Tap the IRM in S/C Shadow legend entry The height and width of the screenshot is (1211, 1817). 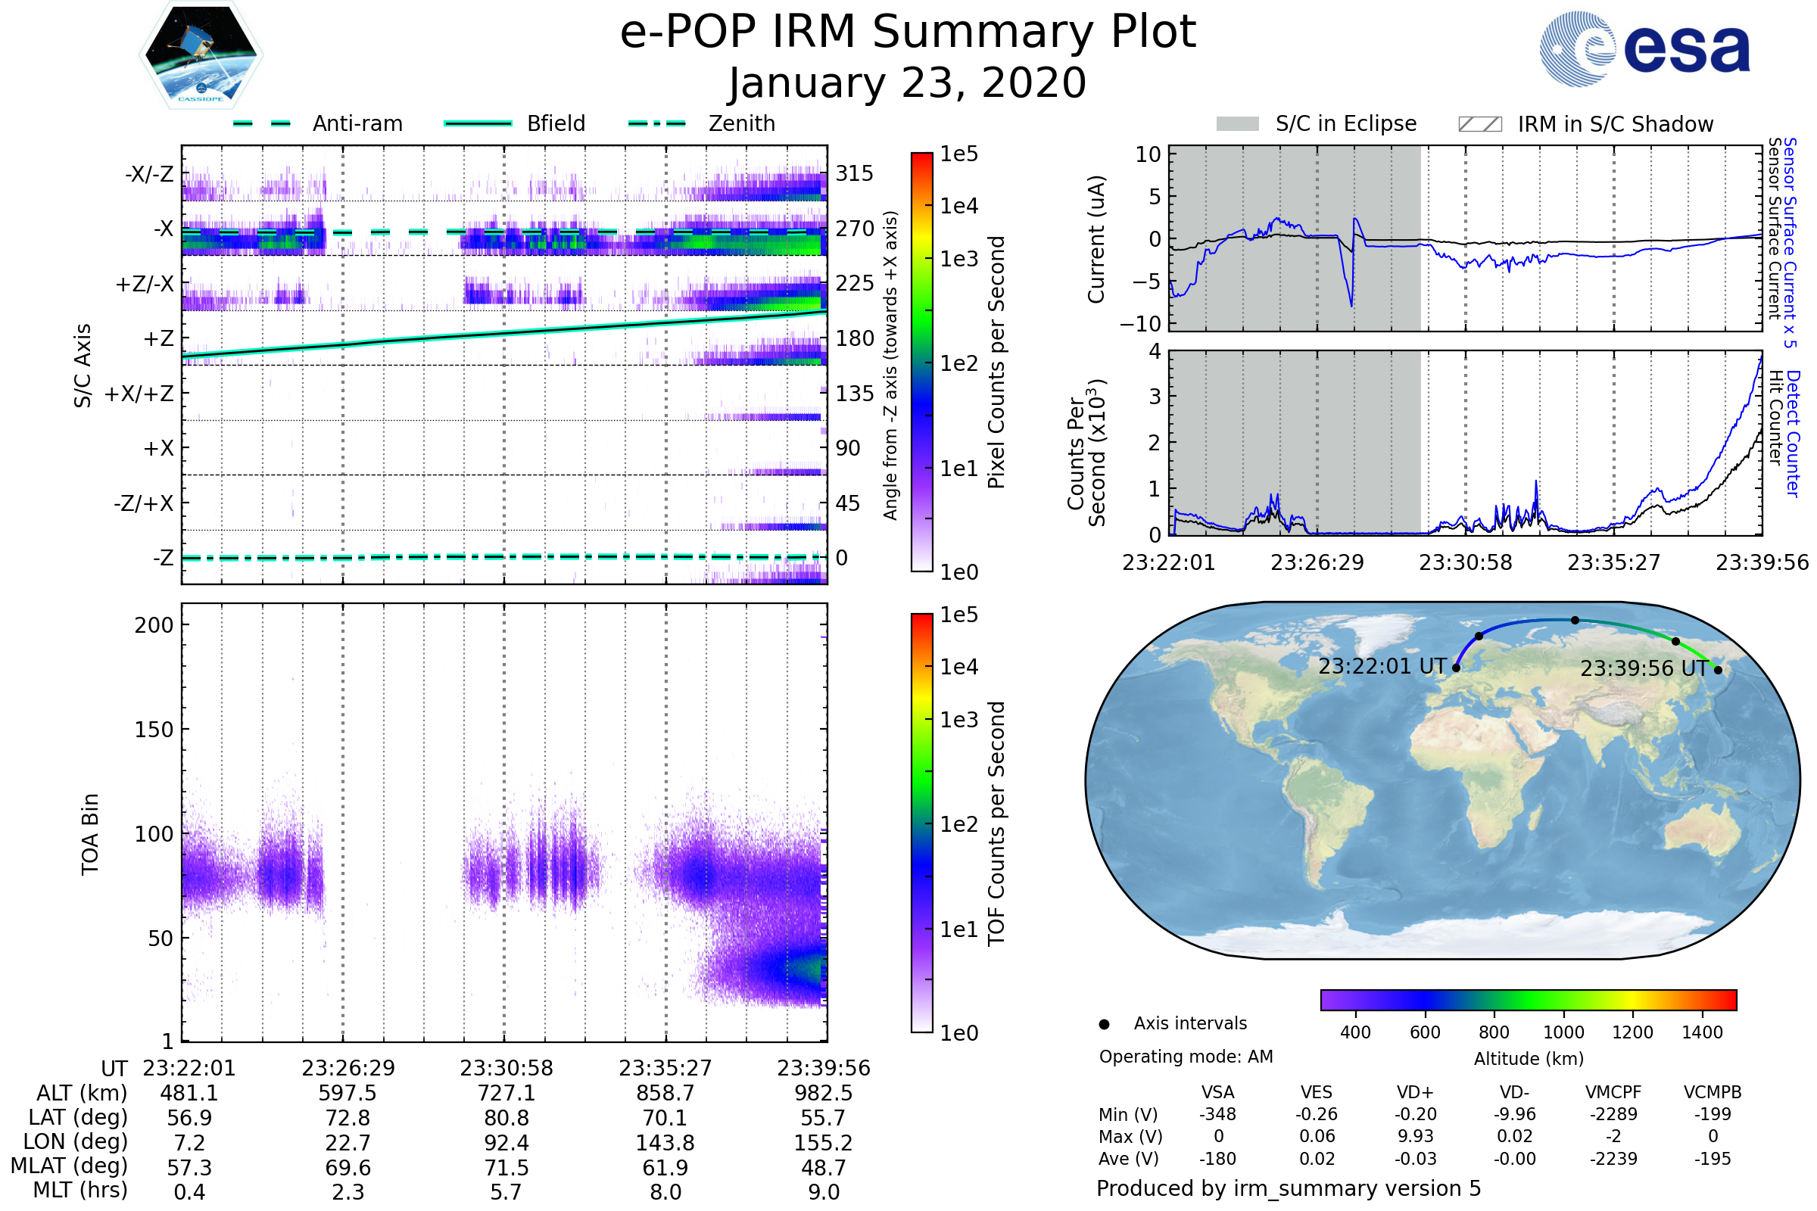1585,124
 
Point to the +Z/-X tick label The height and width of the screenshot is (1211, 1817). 145,285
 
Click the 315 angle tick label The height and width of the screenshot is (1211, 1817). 854,174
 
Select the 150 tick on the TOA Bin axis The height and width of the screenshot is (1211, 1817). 154,730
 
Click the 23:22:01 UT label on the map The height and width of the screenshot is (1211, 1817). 1381,667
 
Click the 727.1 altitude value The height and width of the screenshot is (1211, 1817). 506,1094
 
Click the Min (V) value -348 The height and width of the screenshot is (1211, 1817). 1217,1114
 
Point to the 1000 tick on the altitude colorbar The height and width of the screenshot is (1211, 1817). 1563,1032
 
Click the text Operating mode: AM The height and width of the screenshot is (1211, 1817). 1186,1057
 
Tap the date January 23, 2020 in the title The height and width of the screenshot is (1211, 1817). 908,83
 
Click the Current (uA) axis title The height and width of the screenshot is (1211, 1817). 1096,239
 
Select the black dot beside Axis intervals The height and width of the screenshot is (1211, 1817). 1104,1024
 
